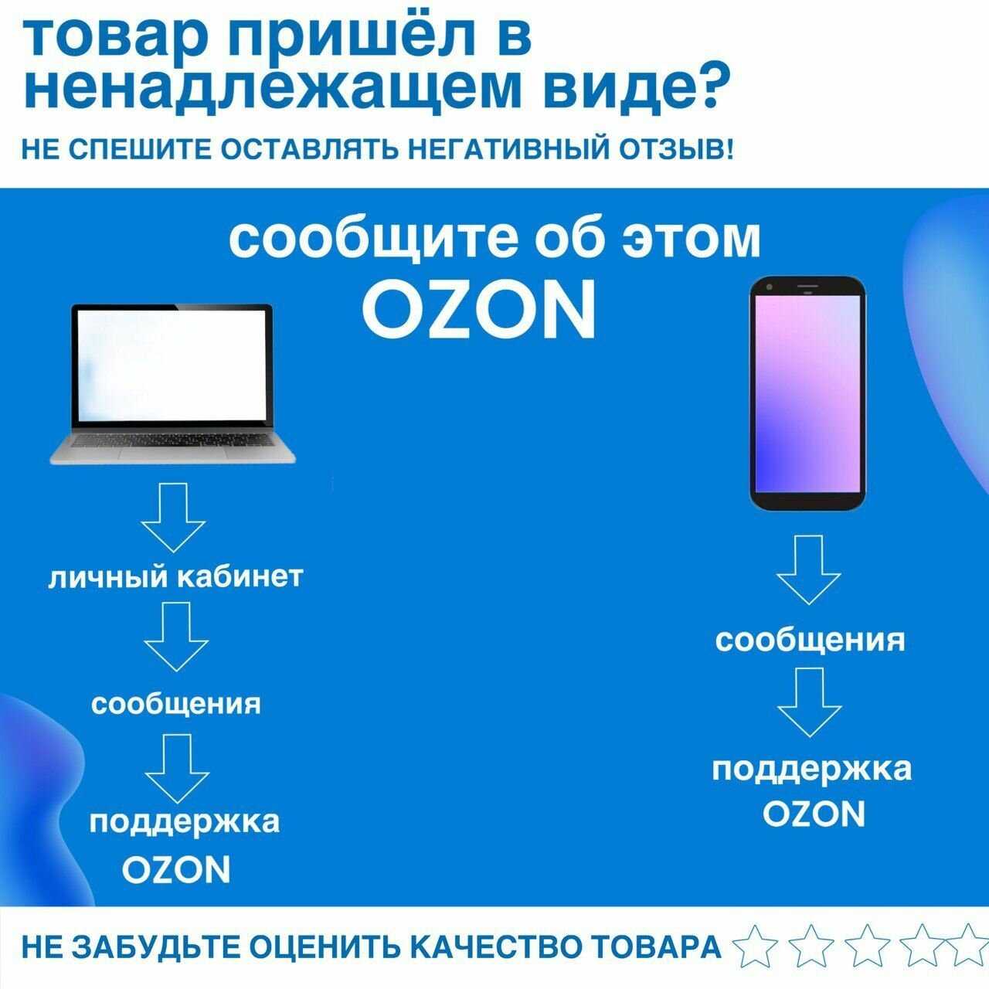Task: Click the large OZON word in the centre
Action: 478,310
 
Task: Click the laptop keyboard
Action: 172,440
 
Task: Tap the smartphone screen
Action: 808,393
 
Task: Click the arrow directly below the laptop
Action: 173,518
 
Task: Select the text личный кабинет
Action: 175,577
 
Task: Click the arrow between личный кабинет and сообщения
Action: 176,637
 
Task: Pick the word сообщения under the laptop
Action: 176,704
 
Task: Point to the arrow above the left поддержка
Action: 177,768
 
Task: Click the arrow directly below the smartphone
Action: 808,569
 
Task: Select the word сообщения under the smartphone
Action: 810,641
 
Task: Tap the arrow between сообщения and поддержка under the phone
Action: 810,702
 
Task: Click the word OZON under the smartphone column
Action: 814,814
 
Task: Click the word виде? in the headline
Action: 630,89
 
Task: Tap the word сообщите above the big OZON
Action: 372,239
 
